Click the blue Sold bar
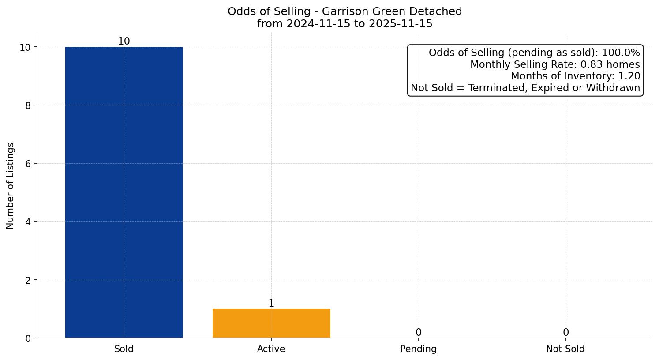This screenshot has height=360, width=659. point(124,192)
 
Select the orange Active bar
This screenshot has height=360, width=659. point(271,323)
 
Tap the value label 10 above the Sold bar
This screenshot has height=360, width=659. point(124,41)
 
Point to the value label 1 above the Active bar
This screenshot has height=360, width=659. point(271,304)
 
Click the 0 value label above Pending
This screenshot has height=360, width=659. point(418,333)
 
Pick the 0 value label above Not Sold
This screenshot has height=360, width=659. point(565,333)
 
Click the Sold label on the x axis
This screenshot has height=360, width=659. point(124,349)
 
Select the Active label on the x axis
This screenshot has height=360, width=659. point(271,349)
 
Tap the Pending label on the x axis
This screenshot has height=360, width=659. point(418,349)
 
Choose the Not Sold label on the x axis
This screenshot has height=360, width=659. point(565,349)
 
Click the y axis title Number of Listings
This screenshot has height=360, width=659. point(11,185)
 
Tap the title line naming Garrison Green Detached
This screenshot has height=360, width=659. point(344,11)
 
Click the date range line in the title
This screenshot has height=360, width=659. point(344,24)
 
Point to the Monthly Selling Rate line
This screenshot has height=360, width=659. point(554,64)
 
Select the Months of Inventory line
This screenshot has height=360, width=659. point(575,76)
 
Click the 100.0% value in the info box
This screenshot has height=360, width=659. point(622,53)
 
